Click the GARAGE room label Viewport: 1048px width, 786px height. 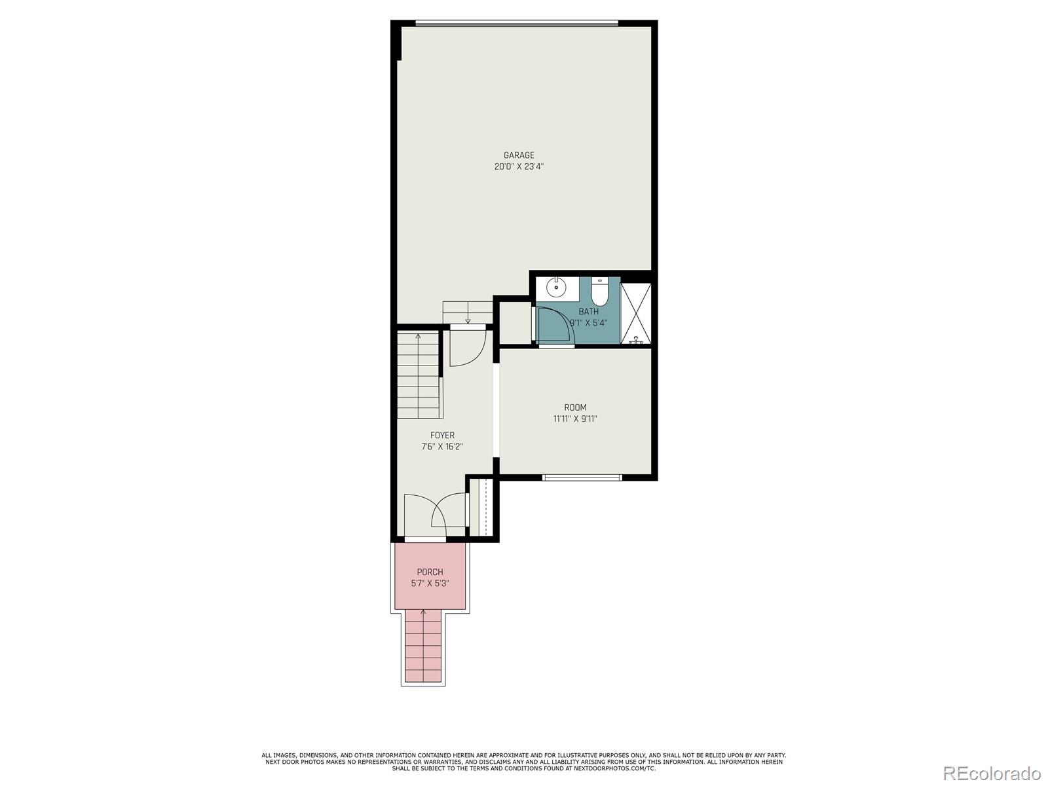pyautogui.click(x=519, y=155)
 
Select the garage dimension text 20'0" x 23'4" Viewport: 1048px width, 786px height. pyautogui.click(x=519, y=166)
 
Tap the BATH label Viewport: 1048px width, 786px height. pyautogui.click(x=588, y=312)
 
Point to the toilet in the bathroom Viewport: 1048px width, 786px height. pyautogui.click(x=600, y=291)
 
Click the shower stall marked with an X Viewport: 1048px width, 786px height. pyautogui.click(x=636, y=313)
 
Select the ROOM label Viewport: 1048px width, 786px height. pyautogui.click(x=575, y=407)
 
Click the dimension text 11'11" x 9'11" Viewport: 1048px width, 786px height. pyautogui.click(x=575, y=419)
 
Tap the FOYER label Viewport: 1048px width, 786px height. pyautogui.click(x=442, y=435)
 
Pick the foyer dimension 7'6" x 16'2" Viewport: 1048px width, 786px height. pyautogui.click(x=442, y=447)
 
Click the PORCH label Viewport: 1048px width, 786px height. pyautogui.click(x=430, y=572)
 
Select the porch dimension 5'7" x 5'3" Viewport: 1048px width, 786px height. pyautogui.click(x=430, y=584)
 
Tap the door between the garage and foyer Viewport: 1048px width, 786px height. pyautogui.click(x=468, y=347)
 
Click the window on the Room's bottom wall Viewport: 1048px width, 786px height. pyautogui.click(x=582, y=477)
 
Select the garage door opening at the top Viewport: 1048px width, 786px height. pyautogui.click(x=517, y=24)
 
